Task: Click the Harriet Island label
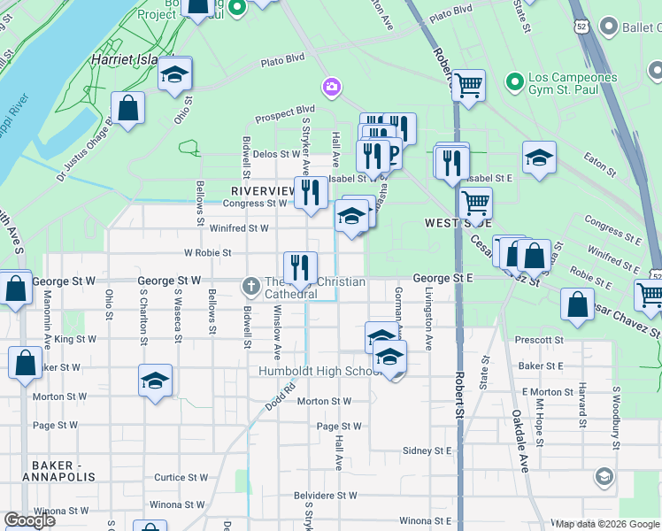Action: [124, 59]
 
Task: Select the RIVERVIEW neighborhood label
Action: [263, 191]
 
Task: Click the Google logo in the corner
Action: [30, 519]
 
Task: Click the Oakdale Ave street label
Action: [520, 440]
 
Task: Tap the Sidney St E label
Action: [427, 450]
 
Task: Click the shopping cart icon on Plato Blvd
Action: [468, 86]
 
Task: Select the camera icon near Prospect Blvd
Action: [331, 86]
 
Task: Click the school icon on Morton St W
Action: [156, 381]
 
